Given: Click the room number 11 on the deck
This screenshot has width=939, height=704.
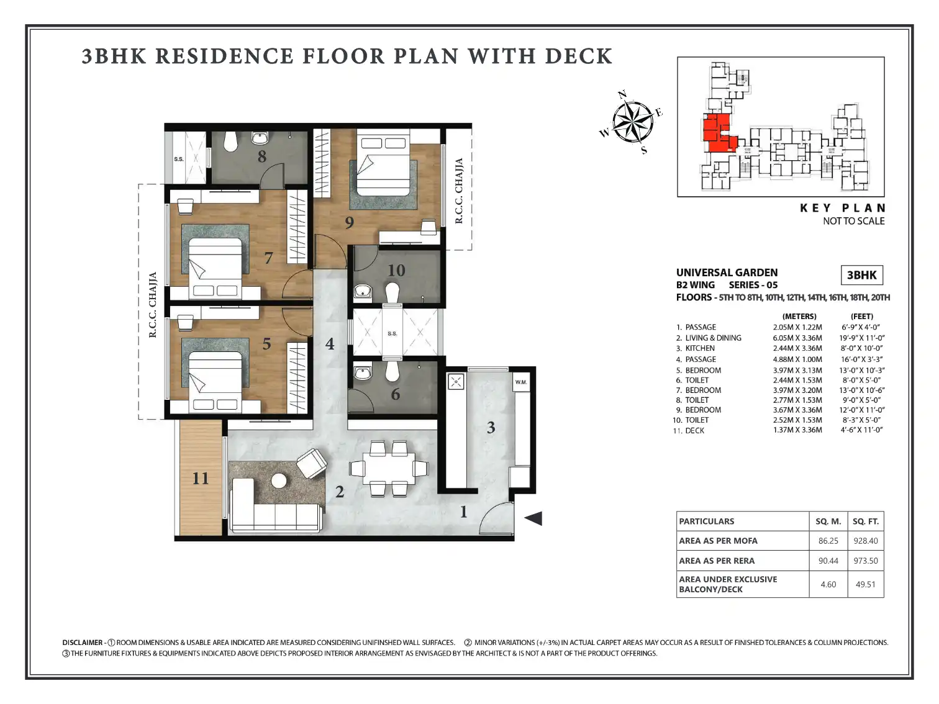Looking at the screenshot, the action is (201, 478).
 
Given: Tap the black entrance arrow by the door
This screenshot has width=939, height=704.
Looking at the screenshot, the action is (534, 518).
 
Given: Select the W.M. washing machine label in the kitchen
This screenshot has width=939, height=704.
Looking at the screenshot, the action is (521, 382).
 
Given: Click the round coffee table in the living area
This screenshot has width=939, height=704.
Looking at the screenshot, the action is (279, 481).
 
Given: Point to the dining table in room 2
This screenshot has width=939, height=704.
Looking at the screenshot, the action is (389, 469).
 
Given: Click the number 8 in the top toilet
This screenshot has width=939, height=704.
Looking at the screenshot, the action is (262, 156).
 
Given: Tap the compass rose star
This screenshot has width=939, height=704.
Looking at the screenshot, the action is (633, 122).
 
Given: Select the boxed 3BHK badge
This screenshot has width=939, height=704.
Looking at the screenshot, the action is (862, 275).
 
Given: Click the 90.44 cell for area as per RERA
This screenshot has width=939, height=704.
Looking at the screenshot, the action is (828, 561).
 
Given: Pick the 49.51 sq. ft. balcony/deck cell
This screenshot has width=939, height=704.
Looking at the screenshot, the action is (866, 584).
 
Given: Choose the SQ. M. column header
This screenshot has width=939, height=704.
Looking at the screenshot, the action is (828, 521).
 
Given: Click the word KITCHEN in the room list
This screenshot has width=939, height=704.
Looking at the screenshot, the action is (700, 348).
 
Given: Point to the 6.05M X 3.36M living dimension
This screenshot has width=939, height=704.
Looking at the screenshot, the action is (797, 338).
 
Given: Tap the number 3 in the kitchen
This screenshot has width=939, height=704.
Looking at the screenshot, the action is (491, 428).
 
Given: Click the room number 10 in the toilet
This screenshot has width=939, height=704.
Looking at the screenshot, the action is (396, 270).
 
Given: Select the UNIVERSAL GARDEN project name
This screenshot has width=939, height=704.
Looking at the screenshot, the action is (727, 273).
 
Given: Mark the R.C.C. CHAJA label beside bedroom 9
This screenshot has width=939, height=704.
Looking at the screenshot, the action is (459, 191).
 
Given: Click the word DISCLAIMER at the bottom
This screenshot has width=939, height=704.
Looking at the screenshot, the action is (83, 643).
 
